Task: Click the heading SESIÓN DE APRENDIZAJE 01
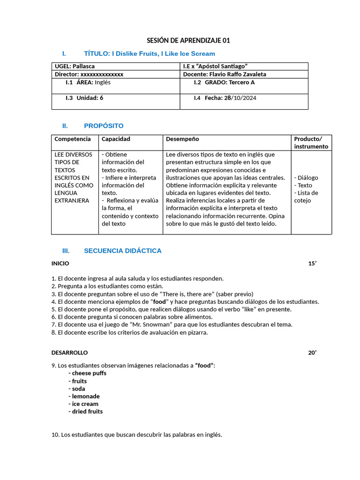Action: [188, 41]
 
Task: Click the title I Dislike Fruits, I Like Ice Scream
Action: [150, 54]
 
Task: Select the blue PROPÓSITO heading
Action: [104, 126]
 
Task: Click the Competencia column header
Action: [73, 139]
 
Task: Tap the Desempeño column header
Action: [182, 139]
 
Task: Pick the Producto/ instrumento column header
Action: [311, 143]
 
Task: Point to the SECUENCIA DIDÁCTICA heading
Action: [122, 251]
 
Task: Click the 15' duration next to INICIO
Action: [312, 263]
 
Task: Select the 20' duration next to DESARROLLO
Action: [312, 352]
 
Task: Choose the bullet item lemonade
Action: [86, 396]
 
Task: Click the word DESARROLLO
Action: [69, 352]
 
